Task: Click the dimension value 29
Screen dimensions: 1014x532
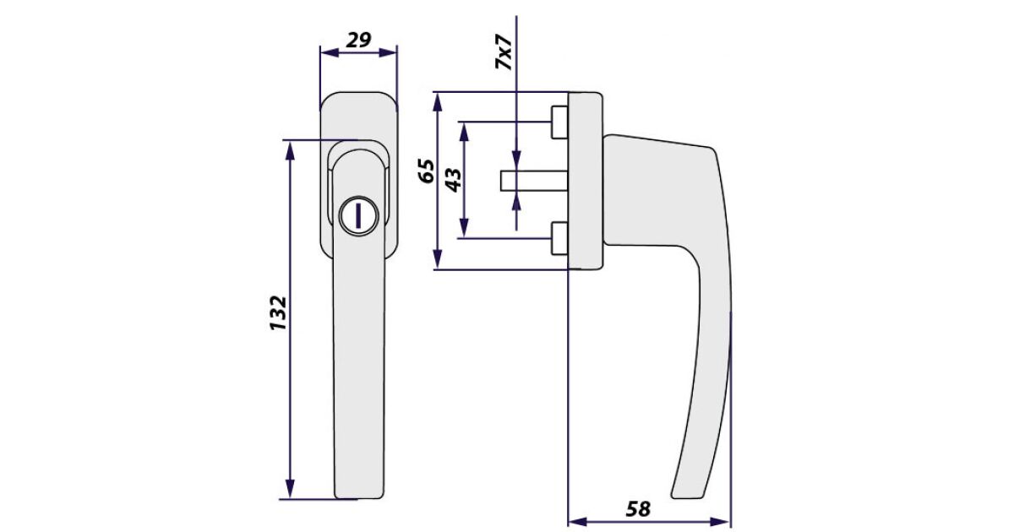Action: tap(358, 40)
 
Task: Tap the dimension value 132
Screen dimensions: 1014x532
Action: tap(278, 313)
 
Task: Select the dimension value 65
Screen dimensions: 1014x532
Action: tap(426, 171)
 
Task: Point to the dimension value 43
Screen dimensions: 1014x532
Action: tap(453, 180)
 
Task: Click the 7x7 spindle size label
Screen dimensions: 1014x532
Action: tap(504, 52)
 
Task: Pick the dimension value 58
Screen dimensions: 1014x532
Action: tap(638, 509)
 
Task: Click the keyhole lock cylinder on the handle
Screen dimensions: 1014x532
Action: tap(357, 216)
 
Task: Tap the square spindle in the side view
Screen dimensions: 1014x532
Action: tap(534, 181)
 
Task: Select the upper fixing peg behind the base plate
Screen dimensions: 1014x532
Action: tap(559, 122)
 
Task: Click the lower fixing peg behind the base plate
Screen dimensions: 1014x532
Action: tap(559, 238)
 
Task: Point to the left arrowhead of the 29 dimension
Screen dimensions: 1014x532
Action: tap(329, 52)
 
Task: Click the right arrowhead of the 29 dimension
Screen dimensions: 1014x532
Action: tap(388, 52)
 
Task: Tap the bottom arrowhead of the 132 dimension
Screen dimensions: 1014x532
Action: tap(290, 489)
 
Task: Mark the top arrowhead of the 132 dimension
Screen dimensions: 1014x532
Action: tap(290, 150)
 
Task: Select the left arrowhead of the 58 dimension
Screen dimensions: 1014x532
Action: tap(578, 522)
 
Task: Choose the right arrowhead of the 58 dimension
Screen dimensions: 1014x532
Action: tap(722, 522)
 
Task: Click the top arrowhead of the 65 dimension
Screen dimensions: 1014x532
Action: tap(438, 102)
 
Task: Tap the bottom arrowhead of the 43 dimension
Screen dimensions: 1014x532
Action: tap(464, 227)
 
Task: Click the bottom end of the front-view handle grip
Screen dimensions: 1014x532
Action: tap(359, 497)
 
